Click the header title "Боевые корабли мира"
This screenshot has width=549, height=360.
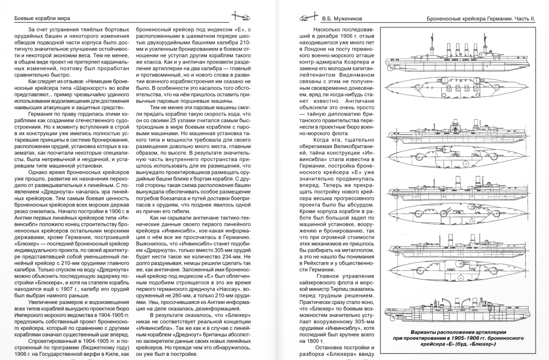[x=42, y=18]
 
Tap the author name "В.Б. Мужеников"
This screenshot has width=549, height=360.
[x=342, y=19]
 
